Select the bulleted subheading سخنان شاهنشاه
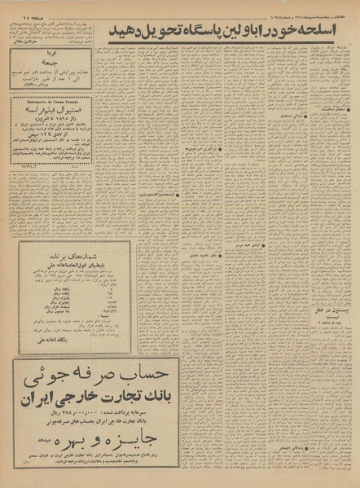pos(324,108)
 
